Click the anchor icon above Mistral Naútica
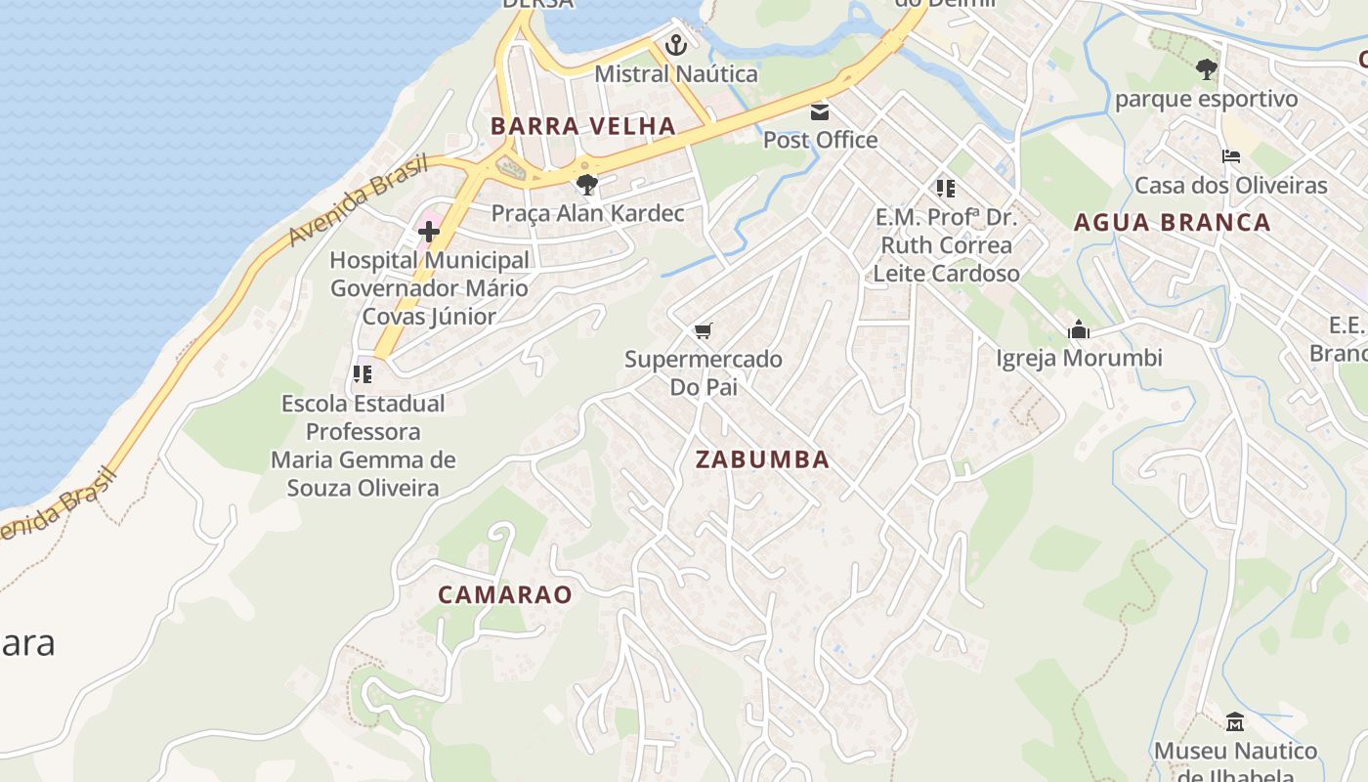coord(675,45)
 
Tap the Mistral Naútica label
coord(675,74)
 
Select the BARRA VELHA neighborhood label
coord(583,126)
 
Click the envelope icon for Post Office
coord(820,111)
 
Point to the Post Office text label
coord(820,140)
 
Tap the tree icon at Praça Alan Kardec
coord(586,185)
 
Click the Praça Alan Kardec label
coord(586,213)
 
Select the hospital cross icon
coord(429,232)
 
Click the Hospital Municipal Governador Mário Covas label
coord(429,288)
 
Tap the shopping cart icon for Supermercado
coord(703,331)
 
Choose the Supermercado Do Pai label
coord(703,372)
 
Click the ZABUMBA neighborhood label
coord(762,459)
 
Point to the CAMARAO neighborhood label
coord(504,594)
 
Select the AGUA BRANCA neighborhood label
coord(1172,223)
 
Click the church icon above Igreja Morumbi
coord(1079,330)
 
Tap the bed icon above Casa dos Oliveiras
coord(1230,156)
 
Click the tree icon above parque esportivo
coord(1207,69)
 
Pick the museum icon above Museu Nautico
coord(1235,722)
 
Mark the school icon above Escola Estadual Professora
coord(363,374)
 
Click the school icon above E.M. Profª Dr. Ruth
coord(945,188)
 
